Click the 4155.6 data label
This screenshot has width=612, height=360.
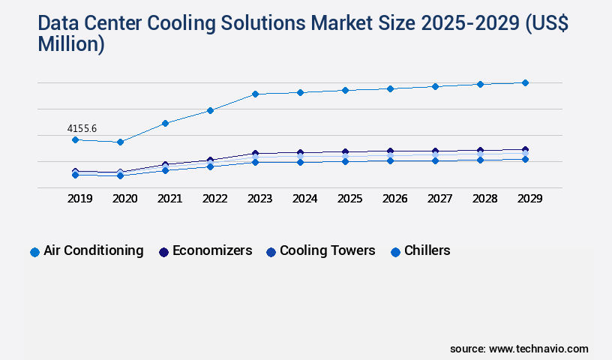(x=82, y=129)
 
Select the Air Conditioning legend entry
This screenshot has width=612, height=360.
(x=87, y=251)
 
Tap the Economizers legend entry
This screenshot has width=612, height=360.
(x=205, y=251)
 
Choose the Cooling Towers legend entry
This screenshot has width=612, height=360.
(x=320, y=251)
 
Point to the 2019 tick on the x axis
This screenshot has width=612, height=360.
(x=80, y=199)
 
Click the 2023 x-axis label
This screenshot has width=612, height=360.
(x=260, y=199)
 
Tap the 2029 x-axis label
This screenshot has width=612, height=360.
(x=529, y=199)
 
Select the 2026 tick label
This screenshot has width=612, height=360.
(x=394, y=199)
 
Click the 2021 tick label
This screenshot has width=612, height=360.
(x=170, y=199)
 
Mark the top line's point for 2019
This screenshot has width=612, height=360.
(x=75, y=139)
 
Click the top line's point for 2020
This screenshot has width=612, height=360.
(x=120, y=142)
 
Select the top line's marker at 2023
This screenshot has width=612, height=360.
(x=255, y=94)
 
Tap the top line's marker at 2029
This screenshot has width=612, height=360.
(x=525, y=82)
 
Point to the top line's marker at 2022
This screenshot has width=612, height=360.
(x=210, y=110)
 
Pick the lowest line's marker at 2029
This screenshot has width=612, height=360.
(x=525, y=159)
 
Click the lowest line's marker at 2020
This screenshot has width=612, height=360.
(x=120, y=175)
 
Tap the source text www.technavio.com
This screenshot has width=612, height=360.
(x=538, y=349)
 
